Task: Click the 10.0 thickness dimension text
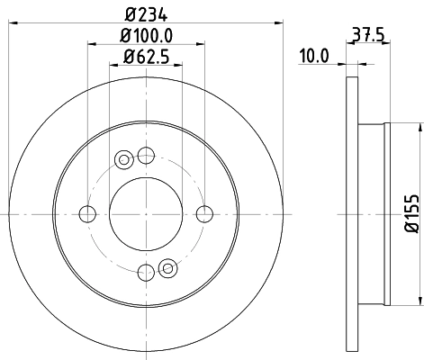click(315, 58)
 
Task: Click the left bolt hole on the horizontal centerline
click(88, 213)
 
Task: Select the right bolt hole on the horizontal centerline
click(205, 213)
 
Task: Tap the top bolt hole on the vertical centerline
click(147, 155)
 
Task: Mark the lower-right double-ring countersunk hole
click(167, 266)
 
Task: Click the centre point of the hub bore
click(147, 213)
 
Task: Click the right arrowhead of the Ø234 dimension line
click(281, 23)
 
